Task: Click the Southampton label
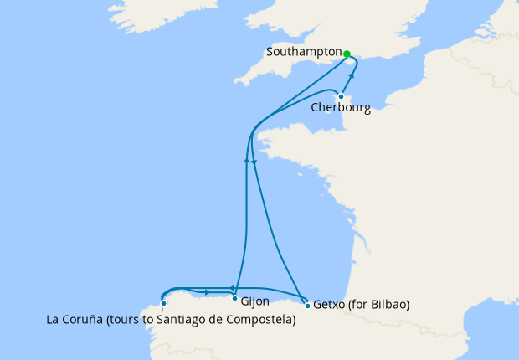point(303,52)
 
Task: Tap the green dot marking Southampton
point(346,52)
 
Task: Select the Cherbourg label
point(340,108)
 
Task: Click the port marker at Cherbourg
point(341,96)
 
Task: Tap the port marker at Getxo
point(307,305)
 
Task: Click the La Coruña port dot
point(163,304)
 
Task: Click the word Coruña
point(82,319)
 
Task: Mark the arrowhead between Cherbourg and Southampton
point(352,76)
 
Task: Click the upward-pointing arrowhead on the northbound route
point(246,159)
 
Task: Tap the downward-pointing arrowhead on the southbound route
point(253,162)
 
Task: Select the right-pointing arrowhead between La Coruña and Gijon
point(207,291)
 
